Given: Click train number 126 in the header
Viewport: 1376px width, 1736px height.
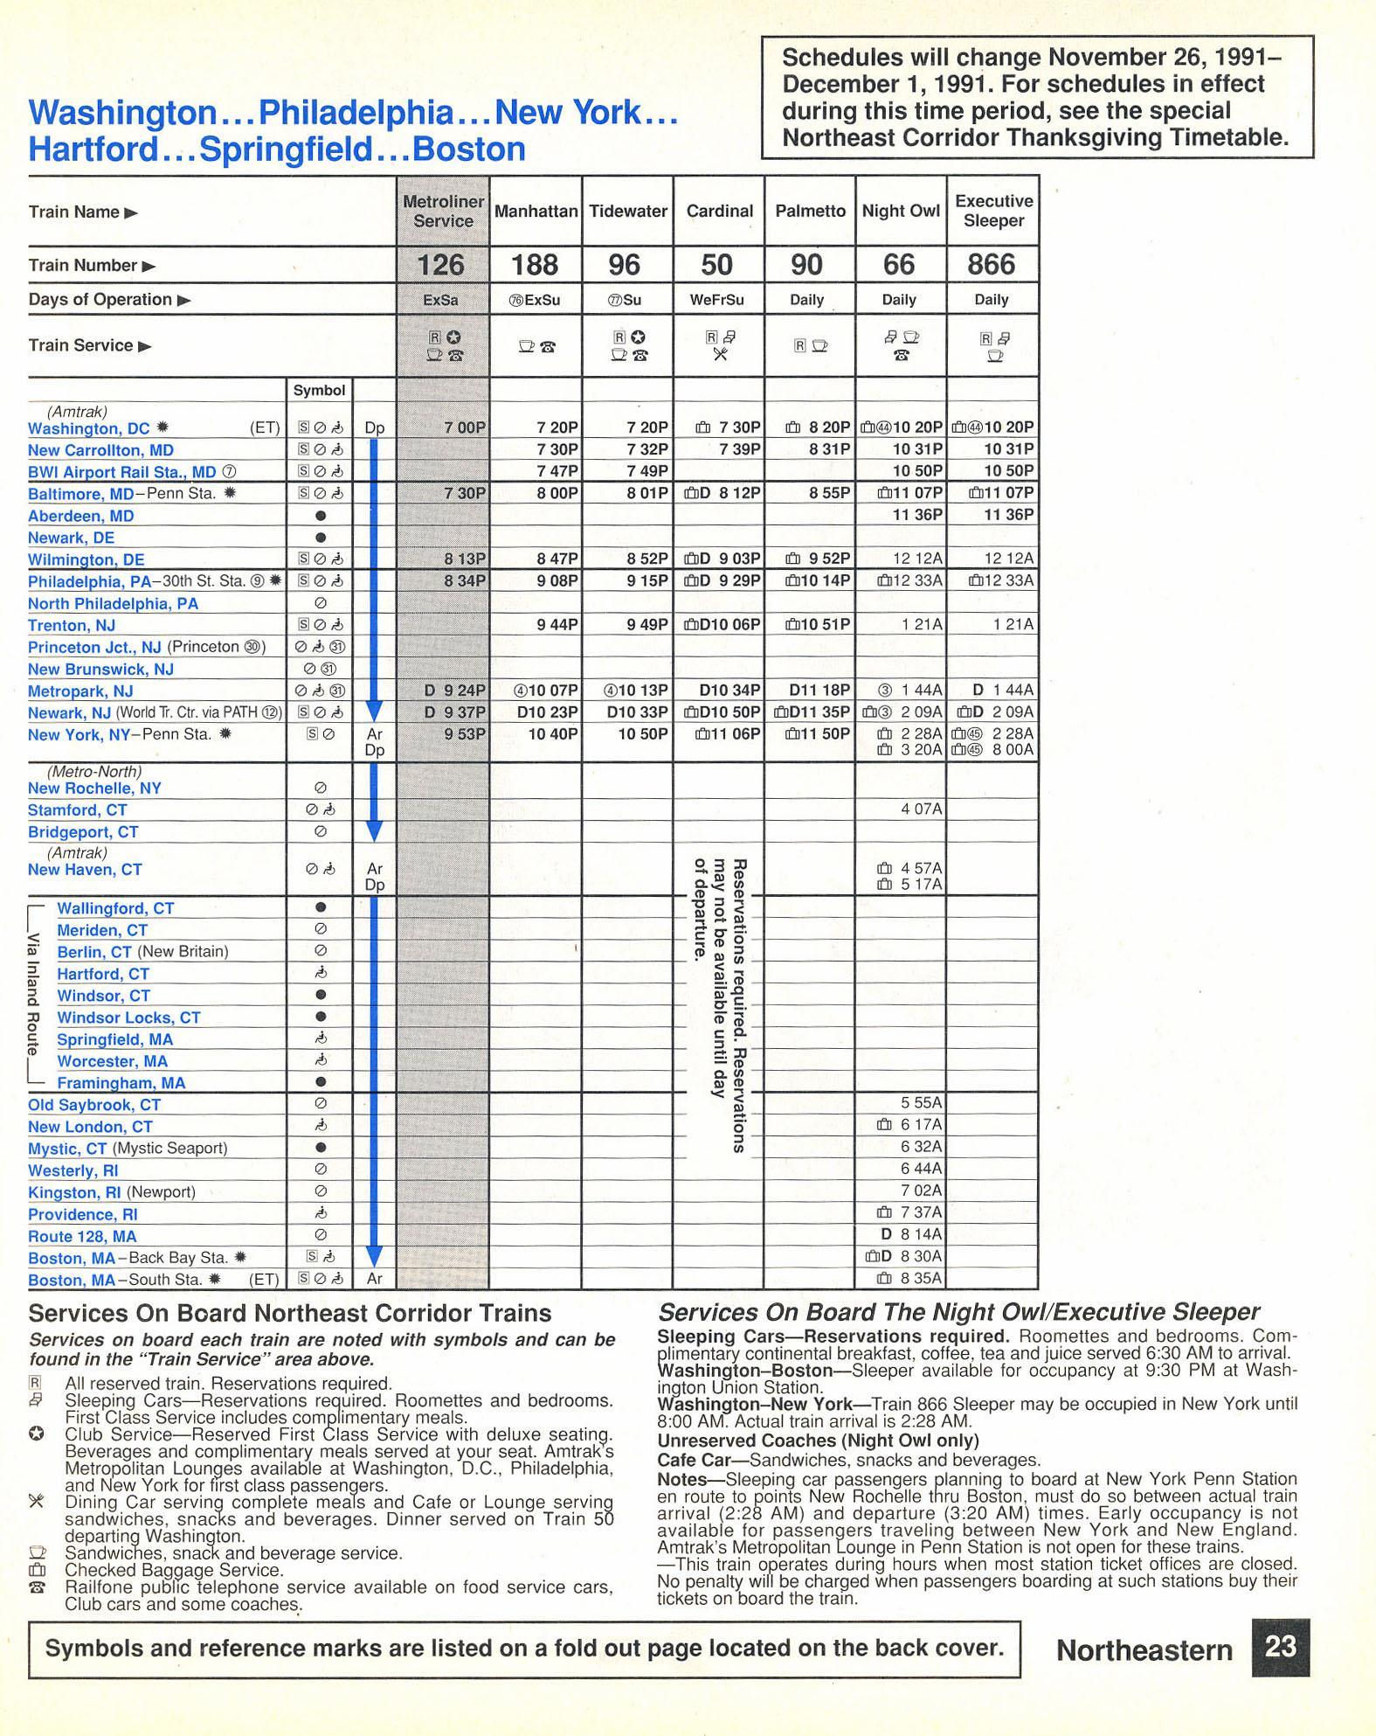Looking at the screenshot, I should click(441, 265).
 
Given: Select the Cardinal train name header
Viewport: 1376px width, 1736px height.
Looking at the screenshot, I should click(719, 212).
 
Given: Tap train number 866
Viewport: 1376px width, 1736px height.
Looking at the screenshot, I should click(992, 265).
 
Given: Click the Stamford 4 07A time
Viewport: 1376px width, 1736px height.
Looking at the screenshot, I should click(921, 809).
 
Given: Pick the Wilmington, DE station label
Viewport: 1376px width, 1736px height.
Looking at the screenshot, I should click(86, 560).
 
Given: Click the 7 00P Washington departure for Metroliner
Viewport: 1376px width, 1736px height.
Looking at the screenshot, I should click(464, 427).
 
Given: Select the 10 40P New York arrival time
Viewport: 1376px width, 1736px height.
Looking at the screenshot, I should click(553, 734).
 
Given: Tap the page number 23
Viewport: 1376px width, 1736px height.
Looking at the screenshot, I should click(1280, 1647).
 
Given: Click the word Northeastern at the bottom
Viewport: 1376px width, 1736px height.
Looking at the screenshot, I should click(1144, 1650).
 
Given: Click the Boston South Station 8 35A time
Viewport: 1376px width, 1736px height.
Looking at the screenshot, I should click(921, 1278).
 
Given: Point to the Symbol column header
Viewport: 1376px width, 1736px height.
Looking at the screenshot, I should click(319, 391).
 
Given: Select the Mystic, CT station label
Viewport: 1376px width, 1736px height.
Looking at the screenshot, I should click(67, 1149).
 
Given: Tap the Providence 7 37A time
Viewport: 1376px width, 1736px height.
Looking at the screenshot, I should click(921, 1212).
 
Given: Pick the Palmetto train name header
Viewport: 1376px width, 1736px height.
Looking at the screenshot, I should click(810, 212).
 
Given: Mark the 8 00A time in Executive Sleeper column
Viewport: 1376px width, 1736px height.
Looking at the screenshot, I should click(1014, 750).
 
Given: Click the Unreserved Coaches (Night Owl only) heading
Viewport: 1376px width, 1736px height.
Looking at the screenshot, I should click(818, 1441).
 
